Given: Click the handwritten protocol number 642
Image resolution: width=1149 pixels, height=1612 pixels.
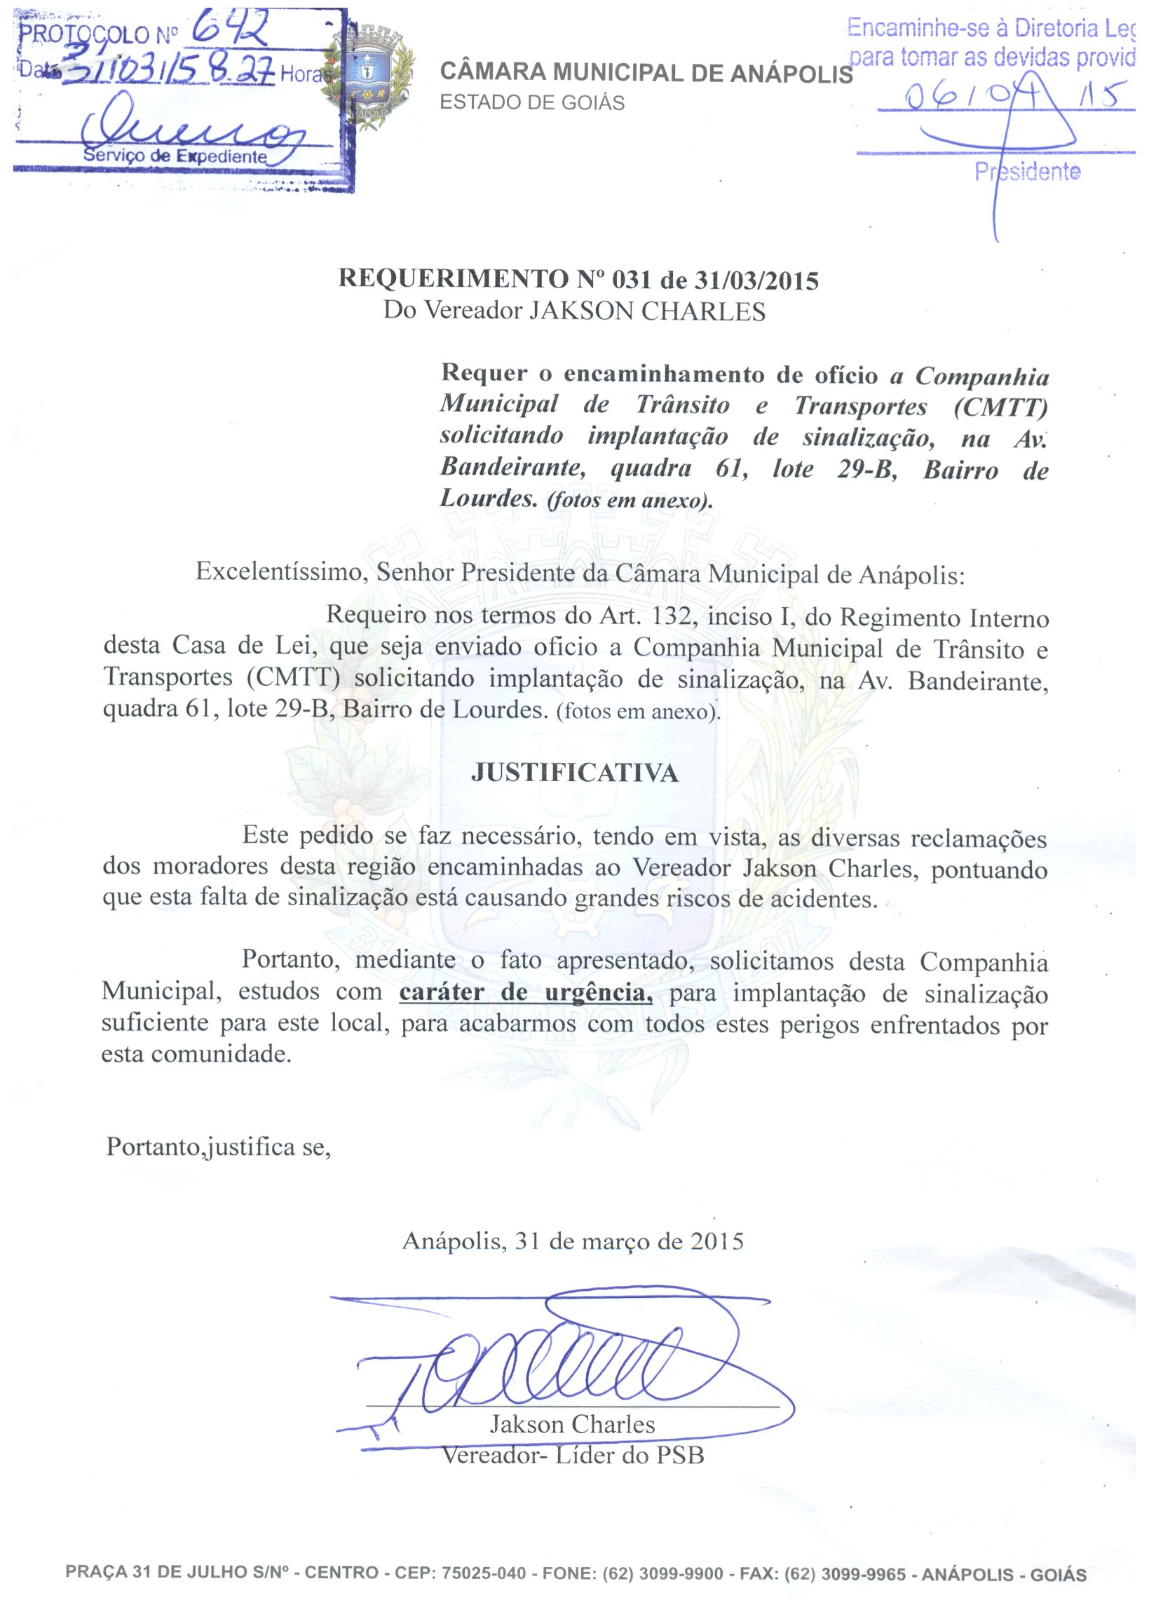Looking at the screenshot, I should pos(230,30).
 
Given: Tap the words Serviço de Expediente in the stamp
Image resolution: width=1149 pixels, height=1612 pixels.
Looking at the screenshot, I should pos(175,156).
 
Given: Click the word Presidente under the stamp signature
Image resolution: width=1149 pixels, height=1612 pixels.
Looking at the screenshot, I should pos(1027,172).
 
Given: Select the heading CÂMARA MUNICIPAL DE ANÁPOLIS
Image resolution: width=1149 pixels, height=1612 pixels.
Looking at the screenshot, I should pos(646,73).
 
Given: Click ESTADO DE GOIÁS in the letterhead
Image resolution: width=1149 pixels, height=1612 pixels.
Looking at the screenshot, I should pos(532,103).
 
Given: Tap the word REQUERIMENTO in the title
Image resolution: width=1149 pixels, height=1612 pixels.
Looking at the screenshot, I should pos(453,279).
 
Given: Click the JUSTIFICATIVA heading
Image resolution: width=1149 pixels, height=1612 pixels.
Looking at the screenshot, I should pos(575,772).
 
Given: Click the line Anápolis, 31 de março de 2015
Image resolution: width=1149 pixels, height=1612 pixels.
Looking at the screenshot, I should pos(573,1240).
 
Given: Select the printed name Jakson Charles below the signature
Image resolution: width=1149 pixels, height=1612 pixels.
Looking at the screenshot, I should pos(572,1424).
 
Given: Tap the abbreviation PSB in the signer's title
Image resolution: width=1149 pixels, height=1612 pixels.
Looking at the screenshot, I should pos(680,1455).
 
